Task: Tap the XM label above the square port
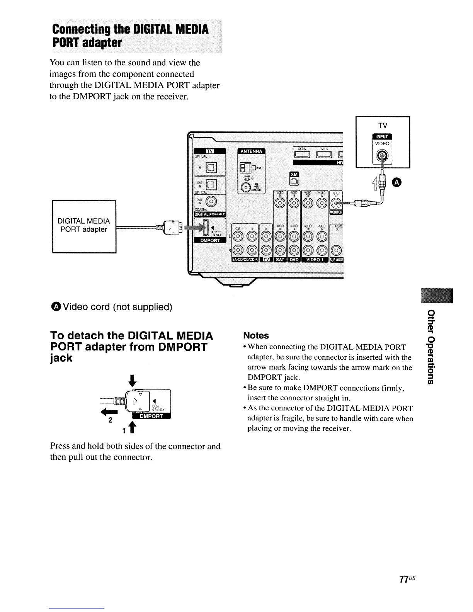pyautogui.click(x=294, y=175)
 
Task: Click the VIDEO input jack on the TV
pyautogui.click(x=382, y=156)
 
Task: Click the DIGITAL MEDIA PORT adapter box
pyautogui.click(x=84, y=226)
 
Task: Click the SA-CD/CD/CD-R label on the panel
pyautogui.click(x=245, y=259)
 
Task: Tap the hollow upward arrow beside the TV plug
pyautogui.click(x=374, y=182)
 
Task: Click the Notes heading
pyautogui.click(x=256, y=335)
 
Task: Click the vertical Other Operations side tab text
pyautogui.click(x=430, y=347)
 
